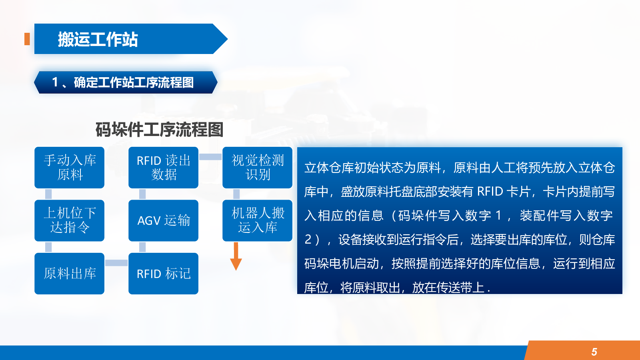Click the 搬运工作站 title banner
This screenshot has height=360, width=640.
(x=131, y=39)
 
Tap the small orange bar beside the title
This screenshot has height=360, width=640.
(x=27, y=39)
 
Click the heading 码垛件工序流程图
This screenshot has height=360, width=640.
(x=159, y=130)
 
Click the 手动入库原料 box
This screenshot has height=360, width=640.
(x=70, y=168)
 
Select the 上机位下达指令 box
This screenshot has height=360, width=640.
(x=70, y=220)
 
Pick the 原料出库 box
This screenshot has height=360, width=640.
(x=70, y=274)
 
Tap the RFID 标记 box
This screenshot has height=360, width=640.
(x=164, y=274)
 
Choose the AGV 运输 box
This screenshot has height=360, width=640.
(x=164, y=220)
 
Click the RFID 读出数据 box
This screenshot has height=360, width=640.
(x=164, y=168)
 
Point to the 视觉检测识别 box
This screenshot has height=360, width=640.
(x=258, y=168)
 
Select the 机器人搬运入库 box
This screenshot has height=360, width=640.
(x=258, y=220)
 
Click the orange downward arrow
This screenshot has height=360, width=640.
(x=236, y=256)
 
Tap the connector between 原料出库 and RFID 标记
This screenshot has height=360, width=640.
(x=116, y=263)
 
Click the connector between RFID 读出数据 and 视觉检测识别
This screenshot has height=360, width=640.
(x=210, y=156)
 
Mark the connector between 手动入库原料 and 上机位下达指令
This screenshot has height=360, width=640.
(x=48, y=194)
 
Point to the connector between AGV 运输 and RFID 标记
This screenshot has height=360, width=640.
(x=142, y=247)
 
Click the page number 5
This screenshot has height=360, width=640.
(x=594, y=352)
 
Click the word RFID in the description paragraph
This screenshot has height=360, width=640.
(x=490, y=192)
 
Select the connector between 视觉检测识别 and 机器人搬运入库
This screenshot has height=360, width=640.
(x=236, y=194)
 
